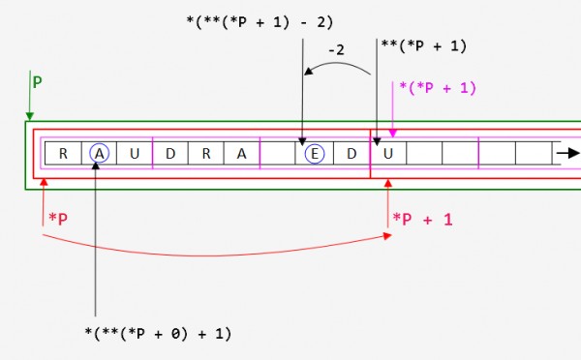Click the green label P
pyautogui.click(x=37, y=83)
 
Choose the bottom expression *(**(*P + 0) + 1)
pyautogui.click(x=159, y=334)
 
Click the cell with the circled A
pyautogui.click(x=99, y=153)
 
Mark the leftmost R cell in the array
pyautogui.click(x=63, y=153)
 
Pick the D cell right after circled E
pyautogui.click(x=352, y=153)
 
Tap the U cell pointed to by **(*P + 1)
pyautogui.click(x=388, y=153)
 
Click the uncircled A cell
pyautogui.click(x=243, y=153)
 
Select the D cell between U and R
pyautogui.click(x=171, y=153)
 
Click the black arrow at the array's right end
pyautogui.click(x=567, y=153)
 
